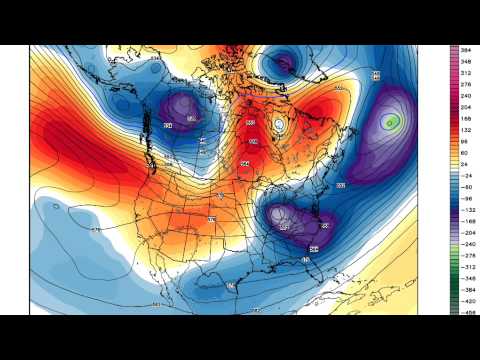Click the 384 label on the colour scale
tap(466, 50)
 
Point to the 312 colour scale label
tap(466, 72)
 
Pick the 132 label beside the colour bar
tap(466, 129)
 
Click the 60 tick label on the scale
tap(466, 152)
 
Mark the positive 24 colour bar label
tap(466, 164)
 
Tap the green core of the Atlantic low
tap(393, 123)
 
